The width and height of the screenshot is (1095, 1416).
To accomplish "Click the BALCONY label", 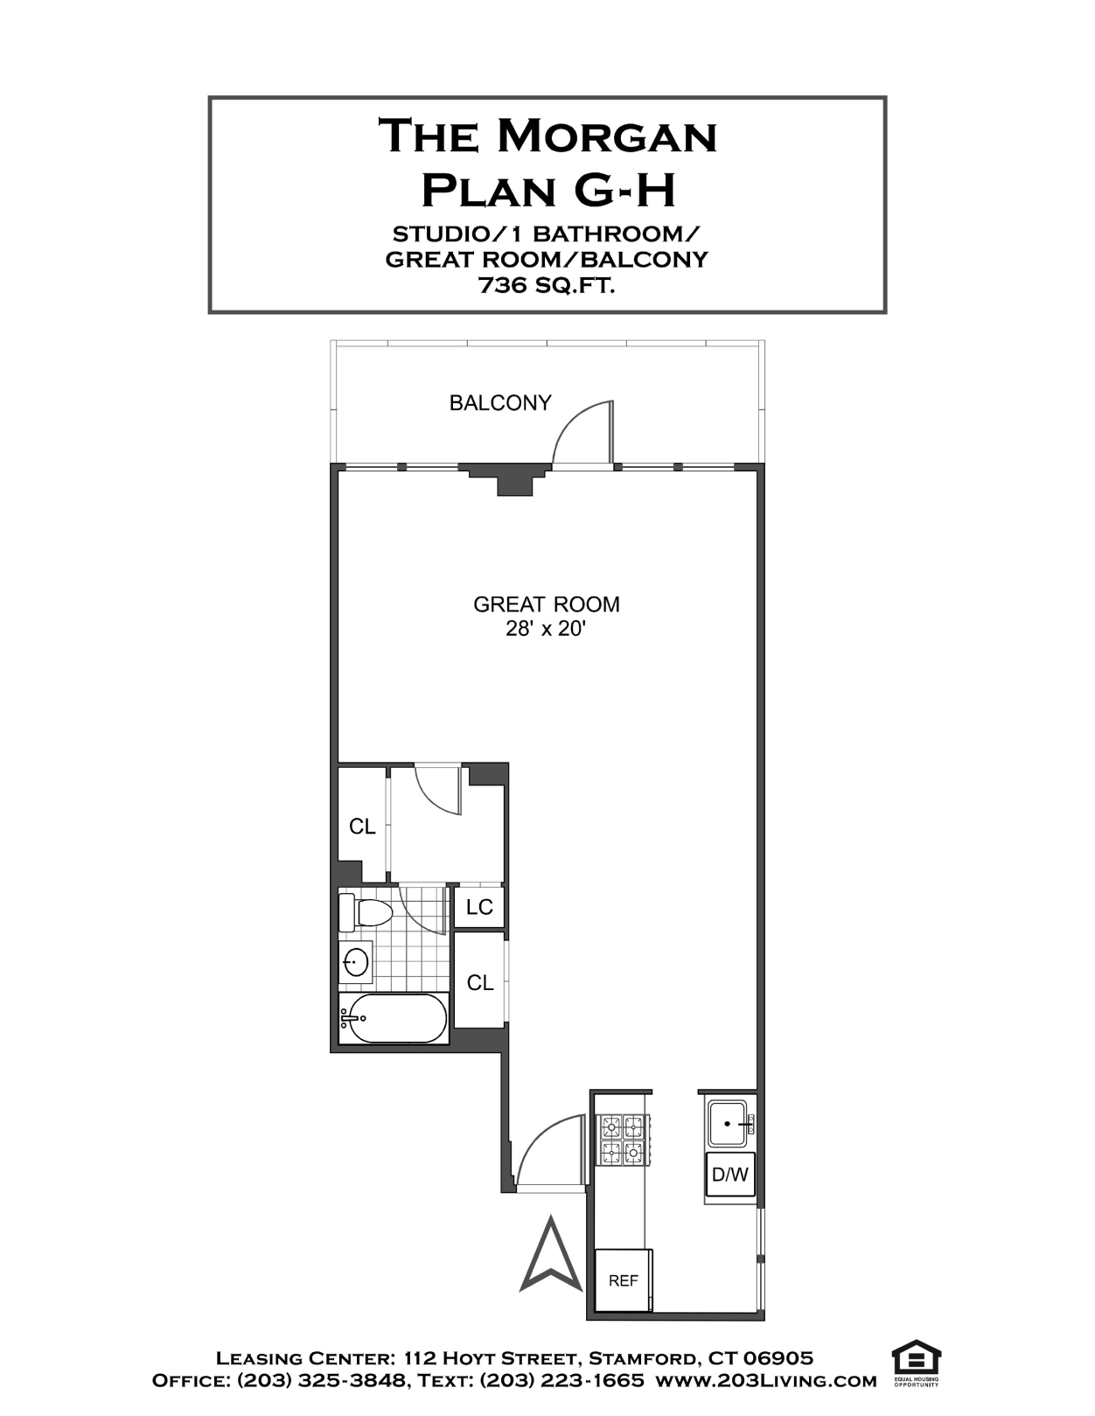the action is (x=500, y=402).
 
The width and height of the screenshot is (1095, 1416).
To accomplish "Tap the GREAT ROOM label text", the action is (x=547, y=604).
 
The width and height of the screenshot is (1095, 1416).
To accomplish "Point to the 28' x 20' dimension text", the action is (x=547, y=630).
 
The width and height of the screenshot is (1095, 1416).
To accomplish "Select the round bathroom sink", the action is (x=356, y=962).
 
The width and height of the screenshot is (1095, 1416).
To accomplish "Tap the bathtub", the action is (x=394, y=1018).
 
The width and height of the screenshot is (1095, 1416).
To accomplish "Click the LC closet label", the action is (x=479, y=907).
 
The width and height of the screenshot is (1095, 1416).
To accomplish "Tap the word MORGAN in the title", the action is (x=607, y=136).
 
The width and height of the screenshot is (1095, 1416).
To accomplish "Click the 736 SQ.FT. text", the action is (x=547, y=285).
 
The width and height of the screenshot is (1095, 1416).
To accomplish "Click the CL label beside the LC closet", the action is (x=480, y=983).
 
